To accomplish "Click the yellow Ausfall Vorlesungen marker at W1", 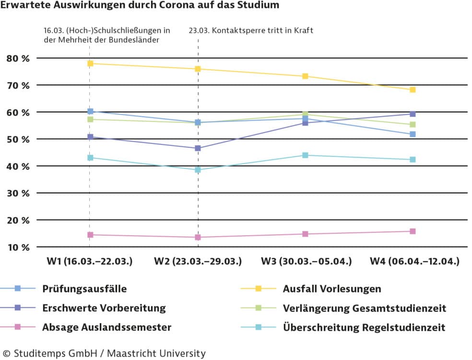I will pos(90,63).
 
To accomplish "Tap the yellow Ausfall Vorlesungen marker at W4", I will pos(413,90).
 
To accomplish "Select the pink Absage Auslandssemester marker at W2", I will pos(198,237).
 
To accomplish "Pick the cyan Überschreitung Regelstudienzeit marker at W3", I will pos(305,155).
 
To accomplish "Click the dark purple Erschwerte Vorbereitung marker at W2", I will pos(198,148).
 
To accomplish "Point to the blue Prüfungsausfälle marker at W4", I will pos(413,134).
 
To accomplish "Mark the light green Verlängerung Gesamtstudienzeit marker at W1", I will pos(90,119).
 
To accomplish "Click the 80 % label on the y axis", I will pos(18,58).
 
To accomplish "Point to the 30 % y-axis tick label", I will pos(18,193).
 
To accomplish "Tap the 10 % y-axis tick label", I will pos(18,247).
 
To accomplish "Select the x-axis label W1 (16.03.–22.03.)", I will pos(89,262).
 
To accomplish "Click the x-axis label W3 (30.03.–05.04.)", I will pos(306,262).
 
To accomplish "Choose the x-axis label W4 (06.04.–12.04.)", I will pos(414,262).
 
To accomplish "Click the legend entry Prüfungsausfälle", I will pos(84,288).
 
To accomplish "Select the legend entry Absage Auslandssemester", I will pos(106,327).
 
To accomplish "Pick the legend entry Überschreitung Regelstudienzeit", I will pos(364,327).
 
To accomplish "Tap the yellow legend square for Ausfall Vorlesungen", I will pos(259,288).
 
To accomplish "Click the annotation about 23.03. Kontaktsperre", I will pos(250,30).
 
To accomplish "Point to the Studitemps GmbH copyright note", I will pos(103,353).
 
